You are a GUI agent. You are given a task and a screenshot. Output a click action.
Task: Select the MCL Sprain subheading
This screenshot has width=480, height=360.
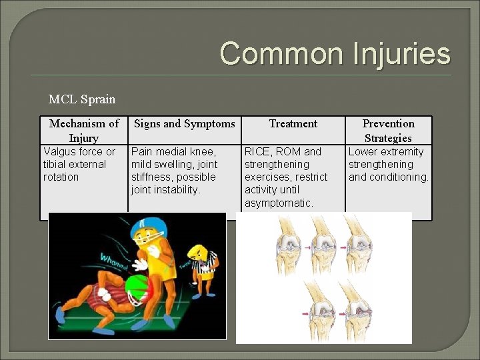[82, 99]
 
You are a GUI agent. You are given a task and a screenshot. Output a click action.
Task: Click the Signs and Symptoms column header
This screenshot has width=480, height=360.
[185, 123]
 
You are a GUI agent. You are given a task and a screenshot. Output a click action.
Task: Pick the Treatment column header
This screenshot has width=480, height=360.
[293, 123]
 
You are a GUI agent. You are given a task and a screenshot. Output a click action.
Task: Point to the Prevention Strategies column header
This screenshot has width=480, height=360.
[388, 131]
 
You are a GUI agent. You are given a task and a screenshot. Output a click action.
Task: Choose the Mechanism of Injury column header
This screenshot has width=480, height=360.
[84, 131]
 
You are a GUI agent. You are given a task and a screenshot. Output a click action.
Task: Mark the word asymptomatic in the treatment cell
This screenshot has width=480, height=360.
[279, 203]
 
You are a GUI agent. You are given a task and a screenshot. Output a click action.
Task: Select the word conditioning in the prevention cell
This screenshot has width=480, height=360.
[398, 177]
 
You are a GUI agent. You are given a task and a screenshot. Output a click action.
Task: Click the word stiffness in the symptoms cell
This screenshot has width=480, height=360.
[151, 177]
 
